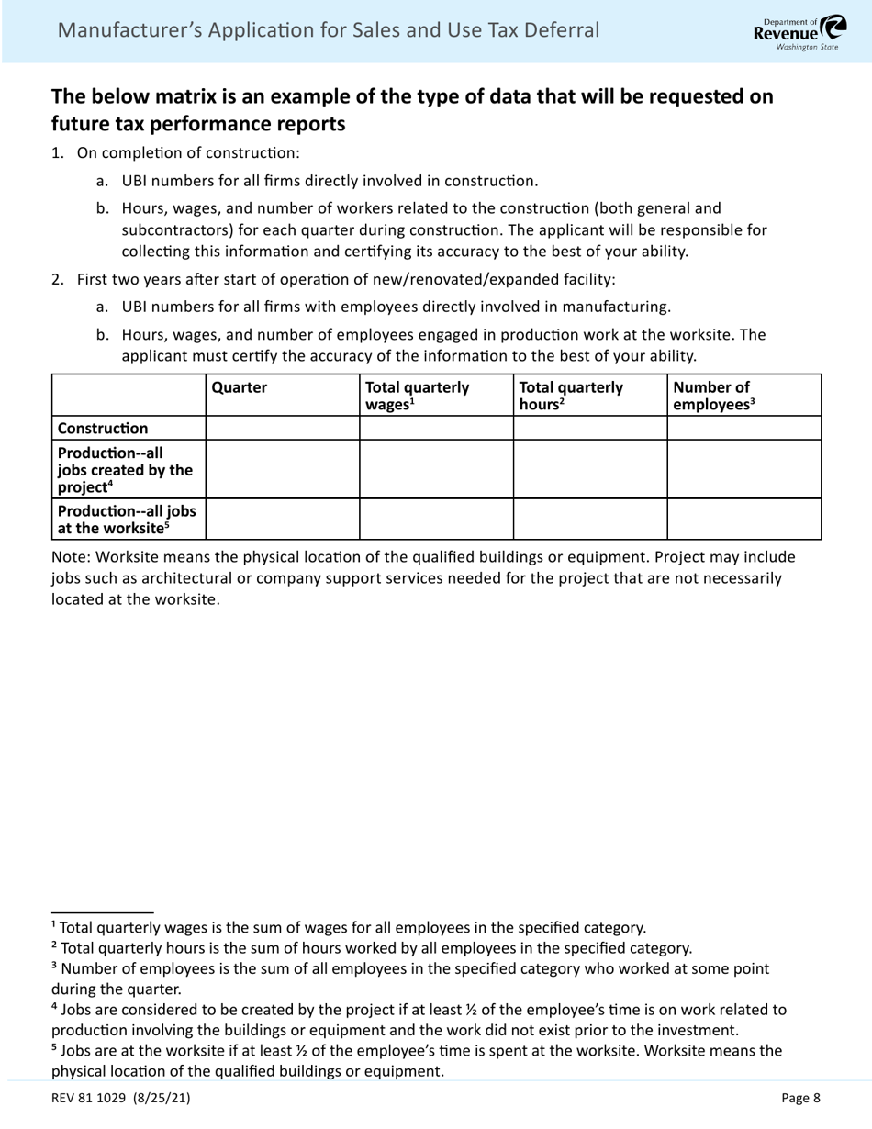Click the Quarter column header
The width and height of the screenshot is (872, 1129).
click(x=240, y=387)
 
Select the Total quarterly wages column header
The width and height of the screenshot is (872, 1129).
click(x=417, y=395)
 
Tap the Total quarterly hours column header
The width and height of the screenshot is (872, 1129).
click(x=570, y=395)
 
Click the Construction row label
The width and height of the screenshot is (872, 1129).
click(x=102, y=428)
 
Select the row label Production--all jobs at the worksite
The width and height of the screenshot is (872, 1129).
click(x=126, y=519)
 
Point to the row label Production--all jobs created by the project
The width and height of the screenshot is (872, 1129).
click(x=125, y=469)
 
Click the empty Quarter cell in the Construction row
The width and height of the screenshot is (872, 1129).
click(x=282, y=428)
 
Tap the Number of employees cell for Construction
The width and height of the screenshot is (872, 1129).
click(x=743, y=428)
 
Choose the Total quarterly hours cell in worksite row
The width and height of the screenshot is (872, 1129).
click(x=589, y=519)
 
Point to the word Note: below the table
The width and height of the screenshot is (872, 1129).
click(x=72, y=557)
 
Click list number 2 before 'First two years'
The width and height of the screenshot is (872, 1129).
click(x=57, y=279)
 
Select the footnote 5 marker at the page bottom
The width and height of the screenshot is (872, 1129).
click(x=53, y=1049)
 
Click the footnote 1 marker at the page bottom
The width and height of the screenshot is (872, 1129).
click(x=53, y=926)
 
